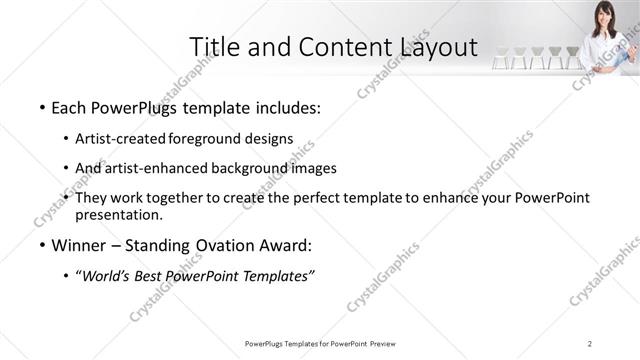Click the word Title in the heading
(x=213, y=47)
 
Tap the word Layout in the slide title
(x=431, y=47)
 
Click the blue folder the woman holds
(x=627, y=46)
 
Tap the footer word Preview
(x=381, y=344)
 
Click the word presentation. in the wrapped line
(x=119, y=214)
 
